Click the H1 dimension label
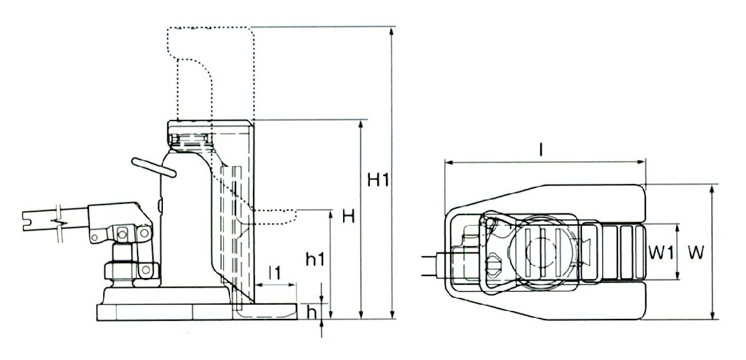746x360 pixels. [x=377, y=180]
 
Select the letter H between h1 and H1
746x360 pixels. [x=349, y=217]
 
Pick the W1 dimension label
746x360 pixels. [x=660, y=253]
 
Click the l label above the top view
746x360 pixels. [x=542, y=150]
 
